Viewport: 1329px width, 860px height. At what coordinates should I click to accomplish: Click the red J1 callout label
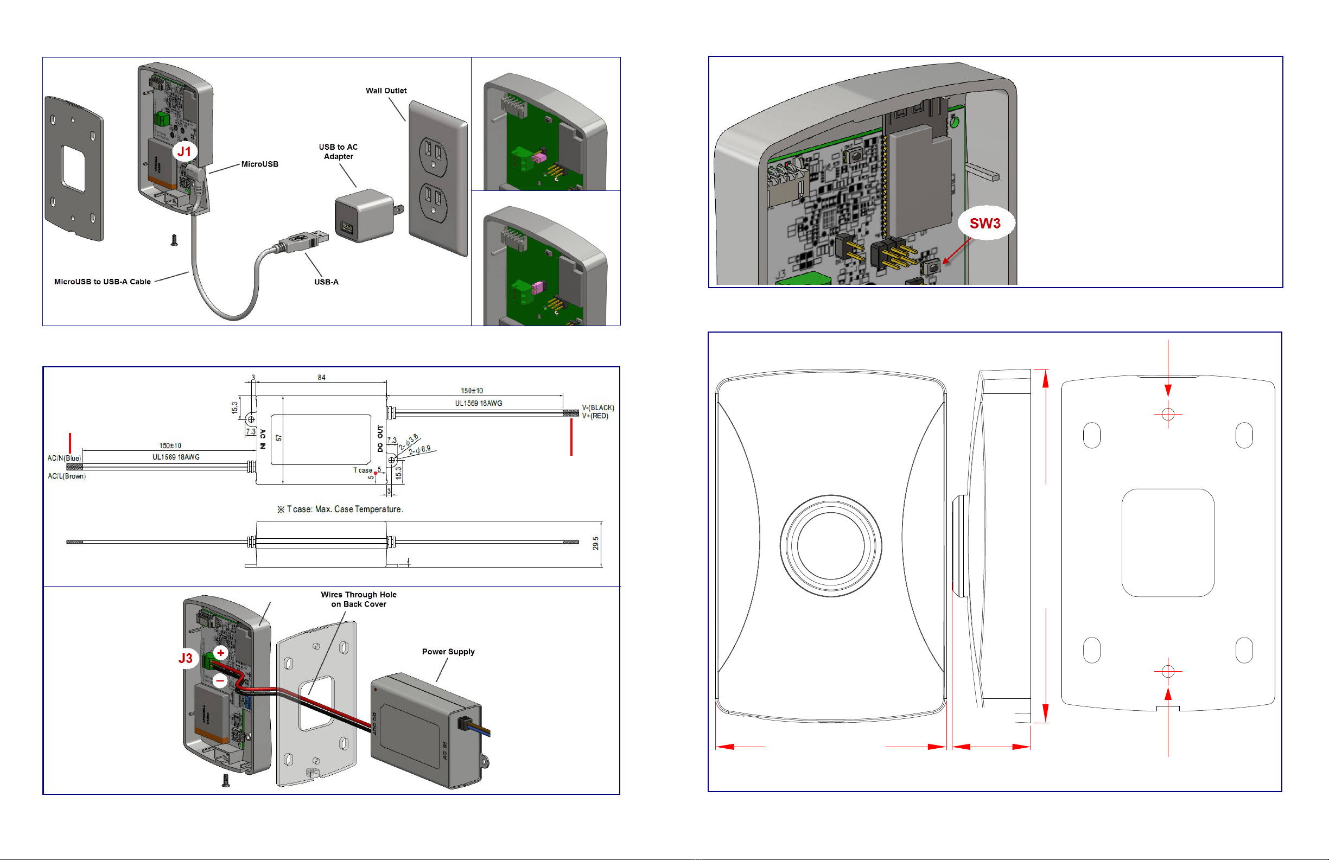[x=185, y=151]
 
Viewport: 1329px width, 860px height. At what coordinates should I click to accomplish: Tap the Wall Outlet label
[x=386, y=91]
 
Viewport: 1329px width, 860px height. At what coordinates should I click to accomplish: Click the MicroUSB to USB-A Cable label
[x=102, y=282]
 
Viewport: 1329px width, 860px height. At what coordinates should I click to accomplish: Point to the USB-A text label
[x=326, y=282]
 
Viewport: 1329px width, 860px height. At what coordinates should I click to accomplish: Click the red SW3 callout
[x=984, y=224]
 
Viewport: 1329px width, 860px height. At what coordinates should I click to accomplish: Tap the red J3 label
[x=186, y=658]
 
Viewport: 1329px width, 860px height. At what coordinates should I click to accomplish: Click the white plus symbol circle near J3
[x=220, y=652]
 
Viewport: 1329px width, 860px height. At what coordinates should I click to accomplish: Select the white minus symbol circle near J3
[x=220, y=680]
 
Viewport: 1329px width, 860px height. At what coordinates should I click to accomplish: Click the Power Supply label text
[x=448, y=652]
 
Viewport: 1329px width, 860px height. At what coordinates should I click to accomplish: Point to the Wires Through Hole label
[x=359, y=599]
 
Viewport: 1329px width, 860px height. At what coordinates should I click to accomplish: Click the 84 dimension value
[x=322, y=378]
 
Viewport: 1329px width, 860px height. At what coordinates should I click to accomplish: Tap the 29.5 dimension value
[x=596, y=543]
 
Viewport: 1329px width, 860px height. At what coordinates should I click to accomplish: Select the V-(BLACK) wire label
[x=597, y=407]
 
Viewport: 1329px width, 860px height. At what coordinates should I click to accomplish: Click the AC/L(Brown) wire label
[x=66, y=476]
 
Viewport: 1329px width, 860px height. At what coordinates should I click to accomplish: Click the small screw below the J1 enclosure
[x=174, y=240]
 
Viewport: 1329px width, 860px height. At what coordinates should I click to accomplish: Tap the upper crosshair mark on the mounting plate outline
[x=1168, y=415]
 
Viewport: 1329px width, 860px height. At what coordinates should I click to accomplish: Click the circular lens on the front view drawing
[x=831, y=546]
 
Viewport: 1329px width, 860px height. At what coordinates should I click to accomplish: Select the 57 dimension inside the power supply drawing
[x=278, y=438]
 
